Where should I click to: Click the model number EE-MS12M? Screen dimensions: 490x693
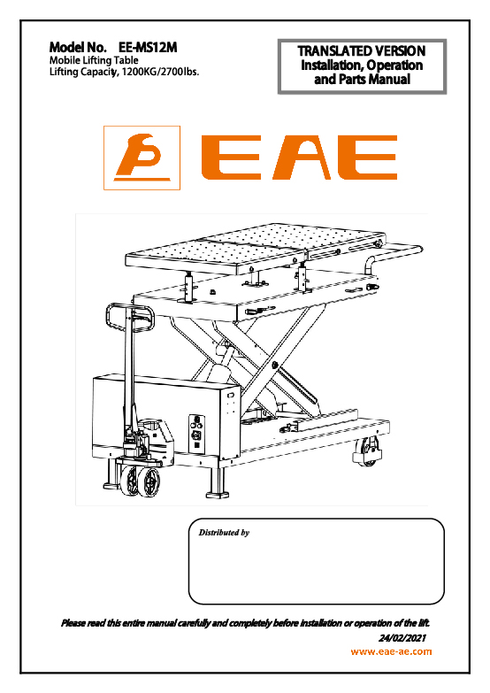(x=148, y=47)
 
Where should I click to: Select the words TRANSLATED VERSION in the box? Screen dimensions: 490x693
(x=362, y=50)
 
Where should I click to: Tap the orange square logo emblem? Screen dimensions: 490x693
(x=142, y=158)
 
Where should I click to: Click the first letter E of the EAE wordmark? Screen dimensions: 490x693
(x=231, y=158)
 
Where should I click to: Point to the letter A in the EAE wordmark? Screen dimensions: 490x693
(x=302, y=158)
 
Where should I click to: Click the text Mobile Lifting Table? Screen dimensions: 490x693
(x=94, y=60)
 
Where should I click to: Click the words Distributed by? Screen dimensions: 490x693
(x=224, y=533)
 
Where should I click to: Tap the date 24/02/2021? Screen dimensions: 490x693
(x=402, y=638)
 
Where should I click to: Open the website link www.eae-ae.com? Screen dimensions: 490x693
(x=391, y=651)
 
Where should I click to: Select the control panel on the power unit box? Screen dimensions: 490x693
(x=196, y=433)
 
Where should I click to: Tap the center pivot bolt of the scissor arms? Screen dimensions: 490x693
(x=275, y=365)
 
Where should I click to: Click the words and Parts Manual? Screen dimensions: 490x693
(x=362, y=80)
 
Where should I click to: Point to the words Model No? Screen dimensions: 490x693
(x=78, y=47)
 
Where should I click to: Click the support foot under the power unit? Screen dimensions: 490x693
(x=217, y=482)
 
